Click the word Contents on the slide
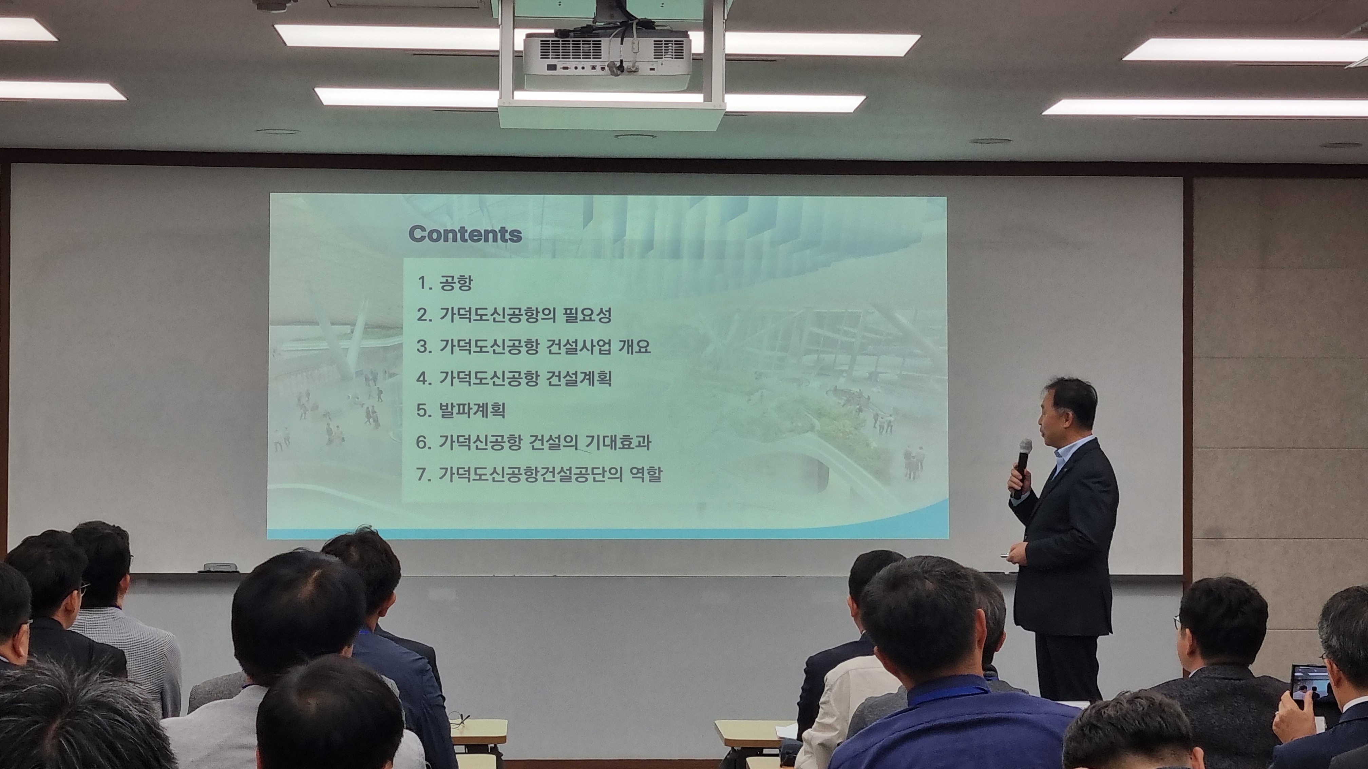coord(465,234)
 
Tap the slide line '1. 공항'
coord(444,283)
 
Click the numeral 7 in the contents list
coord(422,474)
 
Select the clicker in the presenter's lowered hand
coord(1007,555)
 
